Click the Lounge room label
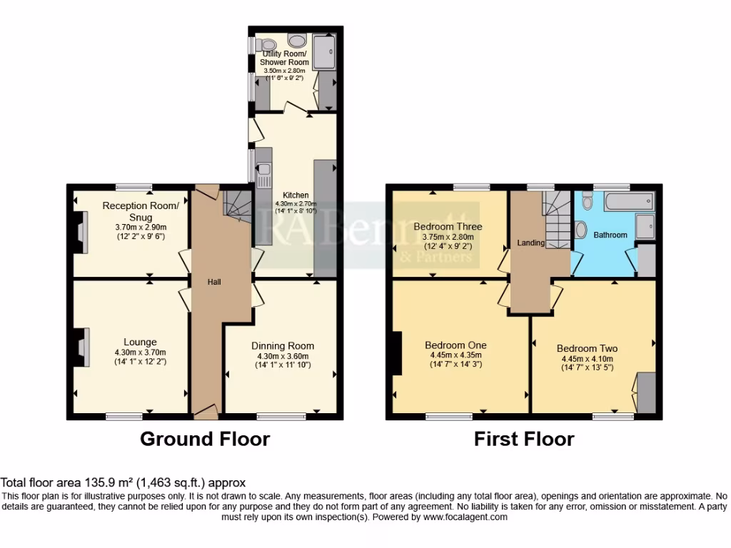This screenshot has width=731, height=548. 139,342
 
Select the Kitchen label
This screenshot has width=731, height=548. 296,195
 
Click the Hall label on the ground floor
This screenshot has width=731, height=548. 214,282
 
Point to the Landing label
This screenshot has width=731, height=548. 531,243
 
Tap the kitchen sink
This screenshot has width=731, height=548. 263,170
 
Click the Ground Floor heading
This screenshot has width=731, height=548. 205,438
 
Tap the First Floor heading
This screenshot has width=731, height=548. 524,438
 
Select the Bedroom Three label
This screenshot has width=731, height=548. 448,227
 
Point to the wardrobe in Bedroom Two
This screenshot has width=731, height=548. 646,392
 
